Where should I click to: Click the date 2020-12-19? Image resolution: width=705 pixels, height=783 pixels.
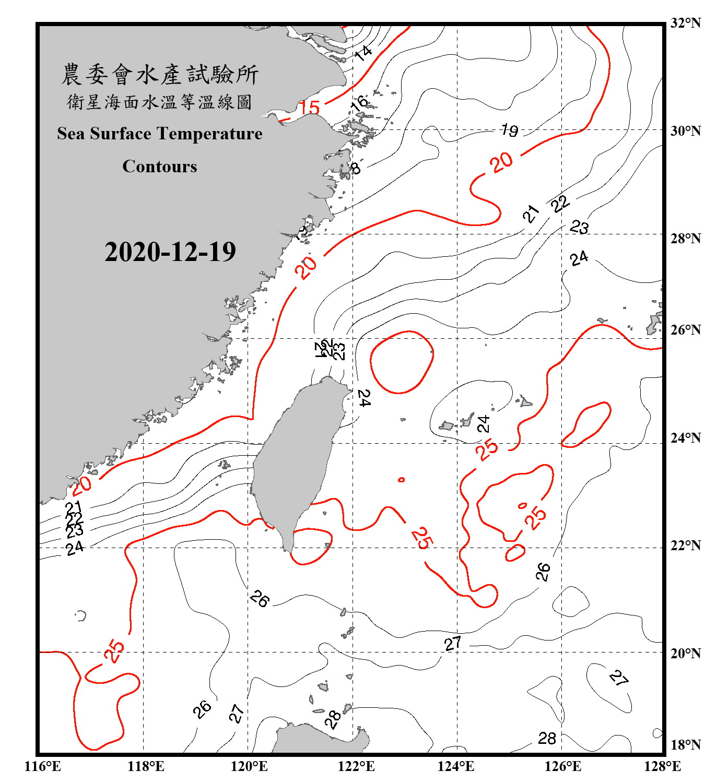coord(170,252)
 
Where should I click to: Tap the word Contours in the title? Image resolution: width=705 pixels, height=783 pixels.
coord(160,166)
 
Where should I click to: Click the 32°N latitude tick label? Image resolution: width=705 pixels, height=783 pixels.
coord(685,23)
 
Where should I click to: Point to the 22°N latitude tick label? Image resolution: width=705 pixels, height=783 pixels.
coord(685,545)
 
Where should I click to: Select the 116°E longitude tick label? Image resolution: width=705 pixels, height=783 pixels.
coord(43,766)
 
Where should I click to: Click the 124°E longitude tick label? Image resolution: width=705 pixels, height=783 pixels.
coord(456,766)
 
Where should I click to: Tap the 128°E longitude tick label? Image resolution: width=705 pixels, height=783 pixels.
coord(662,766)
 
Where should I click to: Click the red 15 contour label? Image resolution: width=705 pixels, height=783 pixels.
coord(309,108)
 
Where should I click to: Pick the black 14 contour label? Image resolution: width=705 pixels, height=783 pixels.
coord(363,52)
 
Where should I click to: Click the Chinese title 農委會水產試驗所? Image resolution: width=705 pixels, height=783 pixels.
coord(160,74)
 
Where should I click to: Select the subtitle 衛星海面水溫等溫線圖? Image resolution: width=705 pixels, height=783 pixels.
coord(160,102)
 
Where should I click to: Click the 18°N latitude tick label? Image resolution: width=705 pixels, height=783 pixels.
coord(685,745)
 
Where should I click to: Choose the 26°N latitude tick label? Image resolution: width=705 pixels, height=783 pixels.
coord(685,330)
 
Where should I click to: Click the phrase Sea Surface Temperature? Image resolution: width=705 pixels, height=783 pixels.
coord(160,134)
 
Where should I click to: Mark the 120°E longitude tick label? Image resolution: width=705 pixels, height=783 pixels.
coord(249,766)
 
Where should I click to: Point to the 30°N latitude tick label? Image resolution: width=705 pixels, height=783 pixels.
coord(685,130)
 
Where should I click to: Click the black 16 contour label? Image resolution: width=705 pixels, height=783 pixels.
coord(360,102)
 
